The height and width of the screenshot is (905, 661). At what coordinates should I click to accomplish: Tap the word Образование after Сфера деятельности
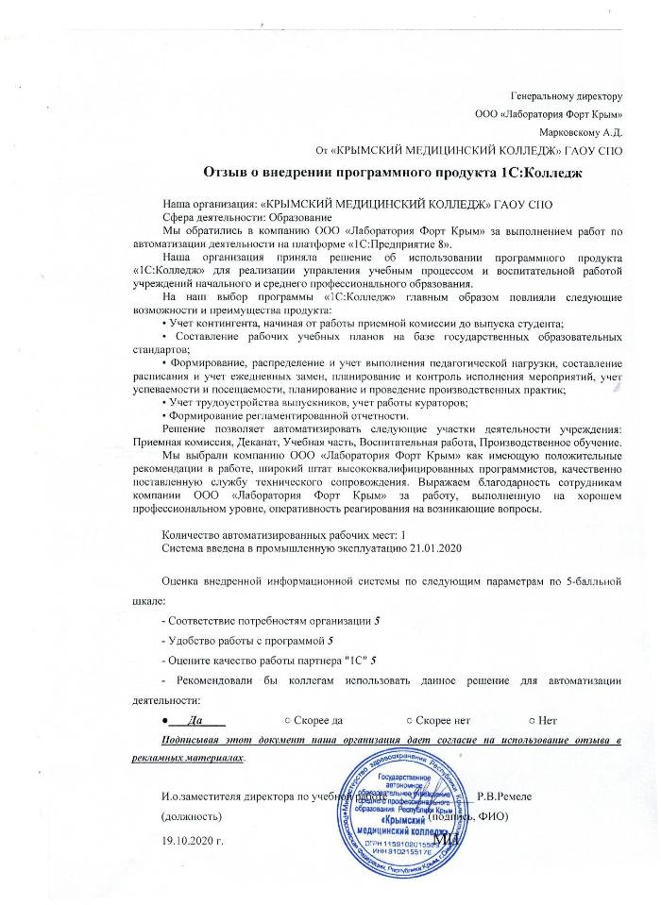pyautogui.click(x=286, y=217)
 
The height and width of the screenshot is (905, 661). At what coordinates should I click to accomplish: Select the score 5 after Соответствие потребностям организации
pyautogui.click(x=377, y=621)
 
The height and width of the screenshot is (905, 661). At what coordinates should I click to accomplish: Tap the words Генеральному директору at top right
pyautogui.click(x=564, y=96)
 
